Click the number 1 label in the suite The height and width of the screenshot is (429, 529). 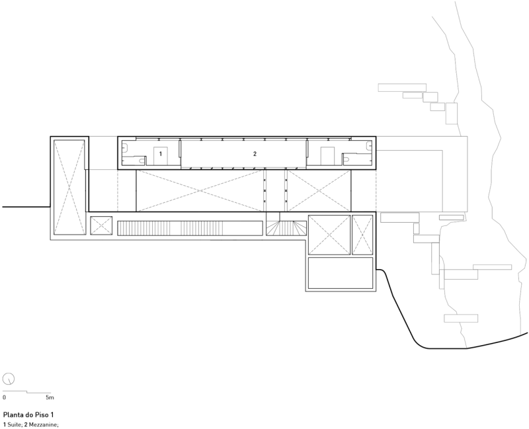coord(161,154)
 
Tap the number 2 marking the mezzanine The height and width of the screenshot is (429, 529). coord(255,154)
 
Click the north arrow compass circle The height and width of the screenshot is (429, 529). coord(9,379)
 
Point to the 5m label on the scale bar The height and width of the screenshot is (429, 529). coord(50,397)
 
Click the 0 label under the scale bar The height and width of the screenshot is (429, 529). coord(4,397)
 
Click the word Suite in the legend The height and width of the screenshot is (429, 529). coord(14,424)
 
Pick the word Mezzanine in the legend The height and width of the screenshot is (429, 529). coord(44,424)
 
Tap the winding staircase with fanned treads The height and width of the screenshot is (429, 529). coord(286,227)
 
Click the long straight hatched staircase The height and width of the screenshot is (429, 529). coord(190,228)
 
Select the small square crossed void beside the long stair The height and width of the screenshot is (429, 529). coord(101,225)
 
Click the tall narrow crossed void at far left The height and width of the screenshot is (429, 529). coord(69,187)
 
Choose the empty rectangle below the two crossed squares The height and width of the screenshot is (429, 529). coord(341,273)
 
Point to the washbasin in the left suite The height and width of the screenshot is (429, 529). coord(125,146)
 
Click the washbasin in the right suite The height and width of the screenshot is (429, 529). coord(368,145)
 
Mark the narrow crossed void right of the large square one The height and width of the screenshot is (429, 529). coord(362,235)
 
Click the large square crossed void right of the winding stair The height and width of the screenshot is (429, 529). coord(329,235)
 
